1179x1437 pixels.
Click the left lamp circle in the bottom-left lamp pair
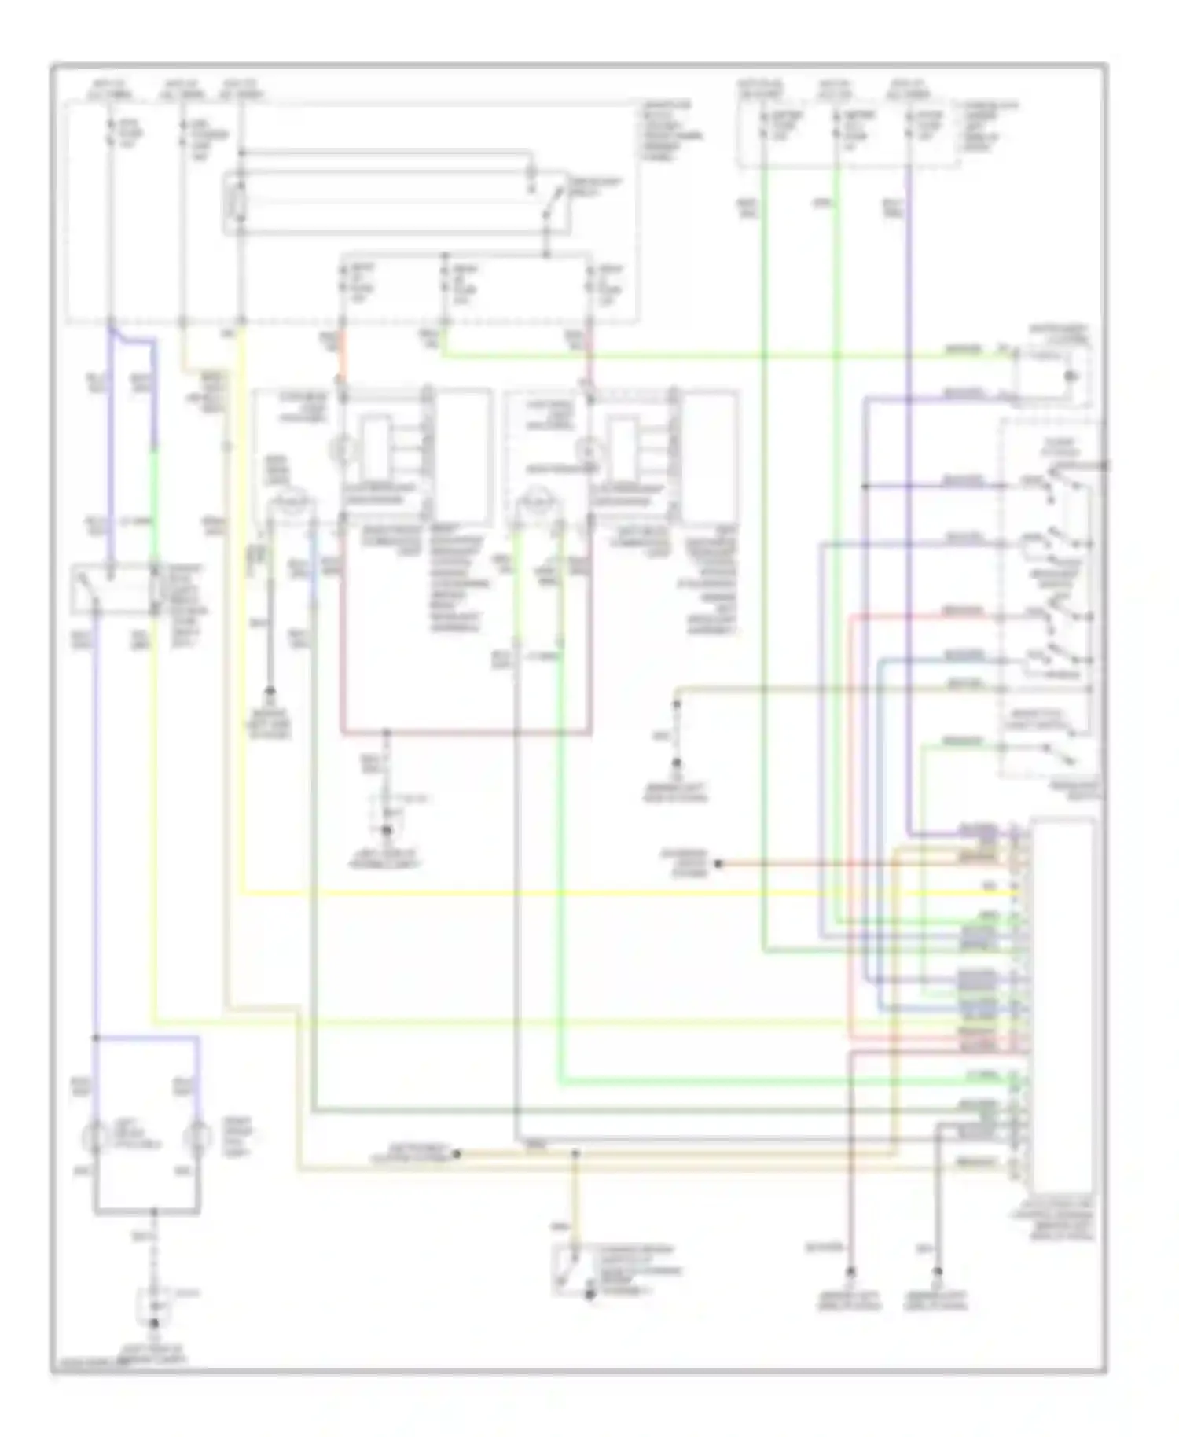pos(97,1137)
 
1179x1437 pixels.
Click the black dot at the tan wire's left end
pos(457,1154)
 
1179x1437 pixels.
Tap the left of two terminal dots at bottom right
pos(850,1270)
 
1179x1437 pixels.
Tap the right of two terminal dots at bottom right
pos(938,1270)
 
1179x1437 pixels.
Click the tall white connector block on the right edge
pos(1063,1006)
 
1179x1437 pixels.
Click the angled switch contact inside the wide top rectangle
pos(555,201)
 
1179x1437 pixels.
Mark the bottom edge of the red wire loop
pos(466,733)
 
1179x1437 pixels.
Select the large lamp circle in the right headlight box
pos(538,504)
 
